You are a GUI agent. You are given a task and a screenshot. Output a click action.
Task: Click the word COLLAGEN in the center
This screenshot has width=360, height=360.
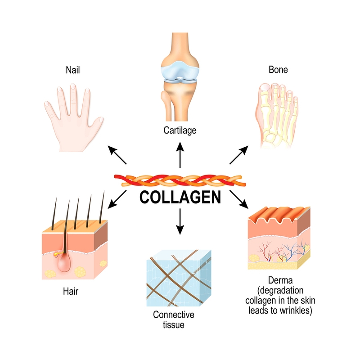180,197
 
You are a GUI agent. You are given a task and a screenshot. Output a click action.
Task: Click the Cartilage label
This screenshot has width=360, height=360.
180,131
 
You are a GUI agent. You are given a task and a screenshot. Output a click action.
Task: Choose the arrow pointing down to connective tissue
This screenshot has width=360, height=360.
180,221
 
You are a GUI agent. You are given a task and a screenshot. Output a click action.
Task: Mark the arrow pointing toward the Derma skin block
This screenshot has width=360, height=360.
239,198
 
